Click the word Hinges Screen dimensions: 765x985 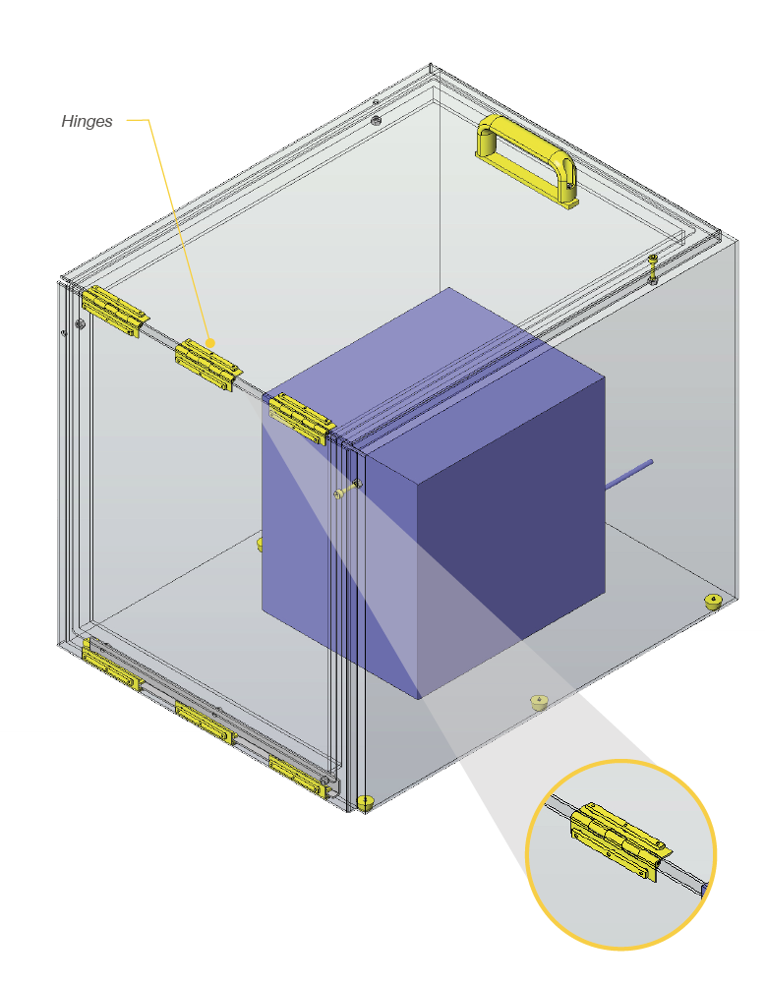[x=87, y=121]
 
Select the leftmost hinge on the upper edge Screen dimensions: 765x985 [x=115, y=312]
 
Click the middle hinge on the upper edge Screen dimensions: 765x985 [x=208, y=365]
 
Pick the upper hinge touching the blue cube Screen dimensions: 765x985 [x=301, y=419]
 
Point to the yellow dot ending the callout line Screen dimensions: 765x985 [x=211, y=343]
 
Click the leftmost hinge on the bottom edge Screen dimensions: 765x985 [x=111, y=666]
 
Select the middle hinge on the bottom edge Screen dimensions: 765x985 [x=205, y=722]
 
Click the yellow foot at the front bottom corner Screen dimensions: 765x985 [x=365, y=802]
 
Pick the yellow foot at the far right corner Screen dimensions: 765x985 [x=713, y=602]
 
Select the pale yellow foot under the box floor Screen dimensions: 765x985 [x=539, y=702]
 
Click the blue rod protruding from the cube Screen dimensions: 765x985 [x=628, y=474]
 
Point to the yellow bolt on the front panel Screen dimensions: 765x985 [x=348, y=490]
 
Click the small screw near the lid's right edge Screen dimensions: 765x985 [x=653, y=269]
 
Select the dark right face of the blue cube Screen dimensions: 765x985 [x=511, y=534]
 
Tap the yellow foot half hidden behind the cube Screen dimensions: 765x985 [x=260, y=544]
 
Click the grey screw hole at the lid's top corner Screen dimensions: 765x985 [x=376, y=120]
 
